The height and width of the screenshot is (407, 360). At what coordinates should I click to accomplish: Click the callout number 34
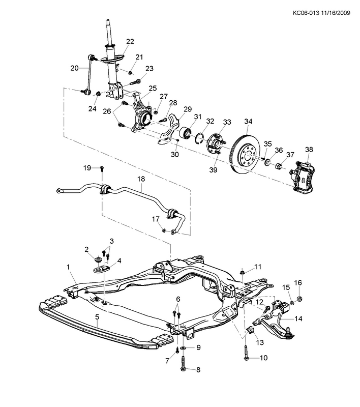248,122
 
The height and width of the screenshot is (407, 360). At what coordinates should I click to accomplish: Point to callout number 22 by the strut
130,41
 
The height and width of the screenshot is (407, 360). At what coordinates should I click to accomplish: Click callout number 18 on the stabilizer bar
141,179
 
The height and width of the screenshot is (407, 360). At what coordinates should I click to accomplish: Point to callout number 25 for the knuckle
153,89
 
